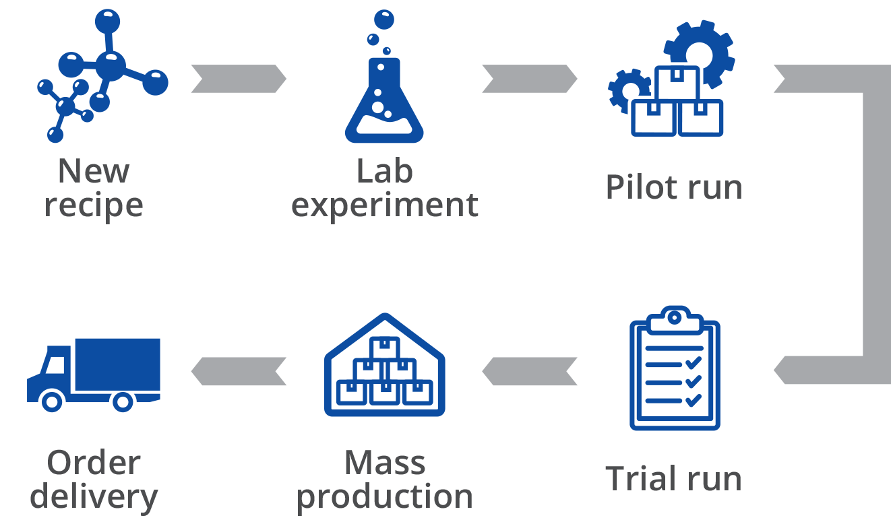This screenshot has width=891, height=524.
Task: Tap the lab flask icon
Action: click(385, 94)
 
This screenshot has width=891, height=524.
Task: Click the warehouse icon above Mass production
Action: click(385, 367)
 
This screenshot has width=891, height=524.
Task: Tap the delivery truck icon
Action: click(94, 374)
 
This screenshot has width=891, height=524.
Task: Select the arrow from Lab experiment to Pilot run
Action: click(530, 79)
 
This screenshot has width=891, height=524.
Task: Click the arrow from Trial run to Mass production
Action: click(530, 371)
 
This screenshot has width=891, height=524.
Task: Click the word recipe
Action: click(94, 205)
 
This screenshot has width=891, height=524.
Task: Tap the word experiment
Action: click(385, 205)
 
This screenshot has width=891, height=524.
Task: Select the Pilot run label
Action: click(674, 187)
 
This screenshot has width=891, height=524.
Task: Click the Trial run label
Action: click(674, 479)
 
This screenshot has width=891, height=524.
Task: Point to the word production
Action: click(385, 497)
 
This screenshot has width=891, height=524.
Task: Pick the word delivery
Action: click(94, 497)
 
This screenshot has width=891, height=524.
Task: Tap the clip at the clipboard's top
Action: click(675, 317)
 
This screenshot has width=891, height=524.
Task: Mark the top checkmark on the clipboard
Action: click(692, 364)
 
